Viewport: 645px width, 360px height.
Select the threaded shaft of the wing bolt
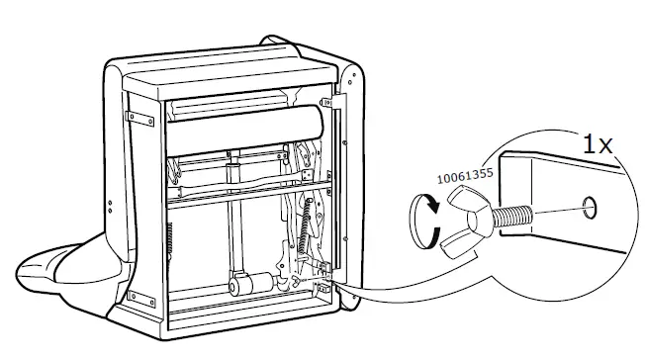510,214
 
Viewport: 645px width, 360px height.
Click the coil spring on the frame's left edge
172,242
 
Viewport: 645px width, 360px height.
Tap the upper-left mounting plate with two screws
140,119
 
